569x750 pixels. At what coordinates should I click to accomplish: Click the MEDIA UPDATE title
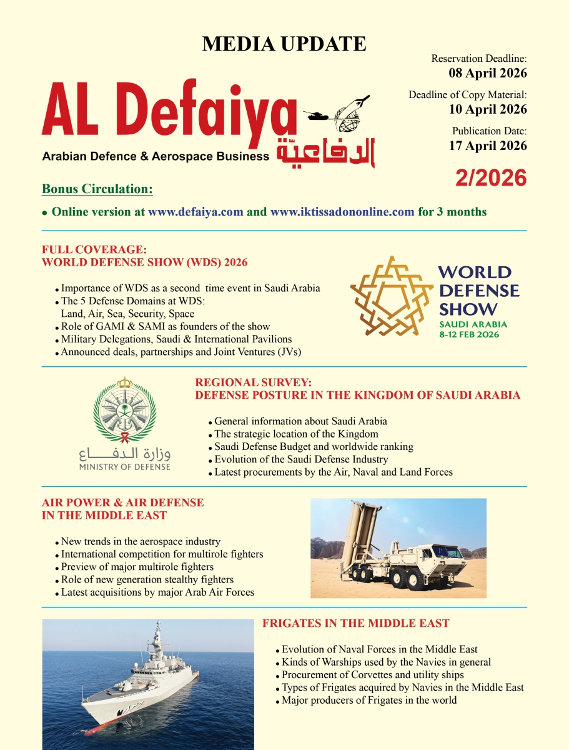click(284, 44)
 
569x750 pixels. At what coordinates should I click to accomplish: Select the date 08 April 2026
click(488, 73)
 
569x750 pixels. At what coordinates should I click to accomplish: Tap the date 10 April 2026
click(488, 109)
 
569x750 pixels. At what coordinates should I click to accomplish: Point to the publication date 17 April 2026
click(488, 146)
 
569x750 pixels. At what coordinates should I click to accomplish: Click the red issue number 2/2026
click(491, 178)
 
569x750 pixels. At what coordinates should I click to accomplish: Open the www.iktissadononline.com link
click(342, 212)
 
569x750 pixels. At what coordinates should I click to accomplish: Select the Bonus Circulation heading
click(97, 189)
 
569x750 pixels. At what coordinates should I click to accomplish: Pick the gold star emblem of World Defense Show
click(392, 296)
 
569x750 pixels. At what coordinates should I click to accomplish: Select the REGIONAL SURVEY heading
click(253, 382)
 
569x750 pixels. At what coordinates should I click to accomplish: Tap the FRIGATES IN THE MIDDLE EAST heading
click(355, 624)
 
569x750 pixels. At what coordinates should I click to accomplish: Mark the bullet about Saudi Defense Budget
click(314, 447)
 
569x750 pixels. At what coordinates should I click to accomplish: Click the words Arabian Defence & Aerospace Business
click(155, 156)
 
